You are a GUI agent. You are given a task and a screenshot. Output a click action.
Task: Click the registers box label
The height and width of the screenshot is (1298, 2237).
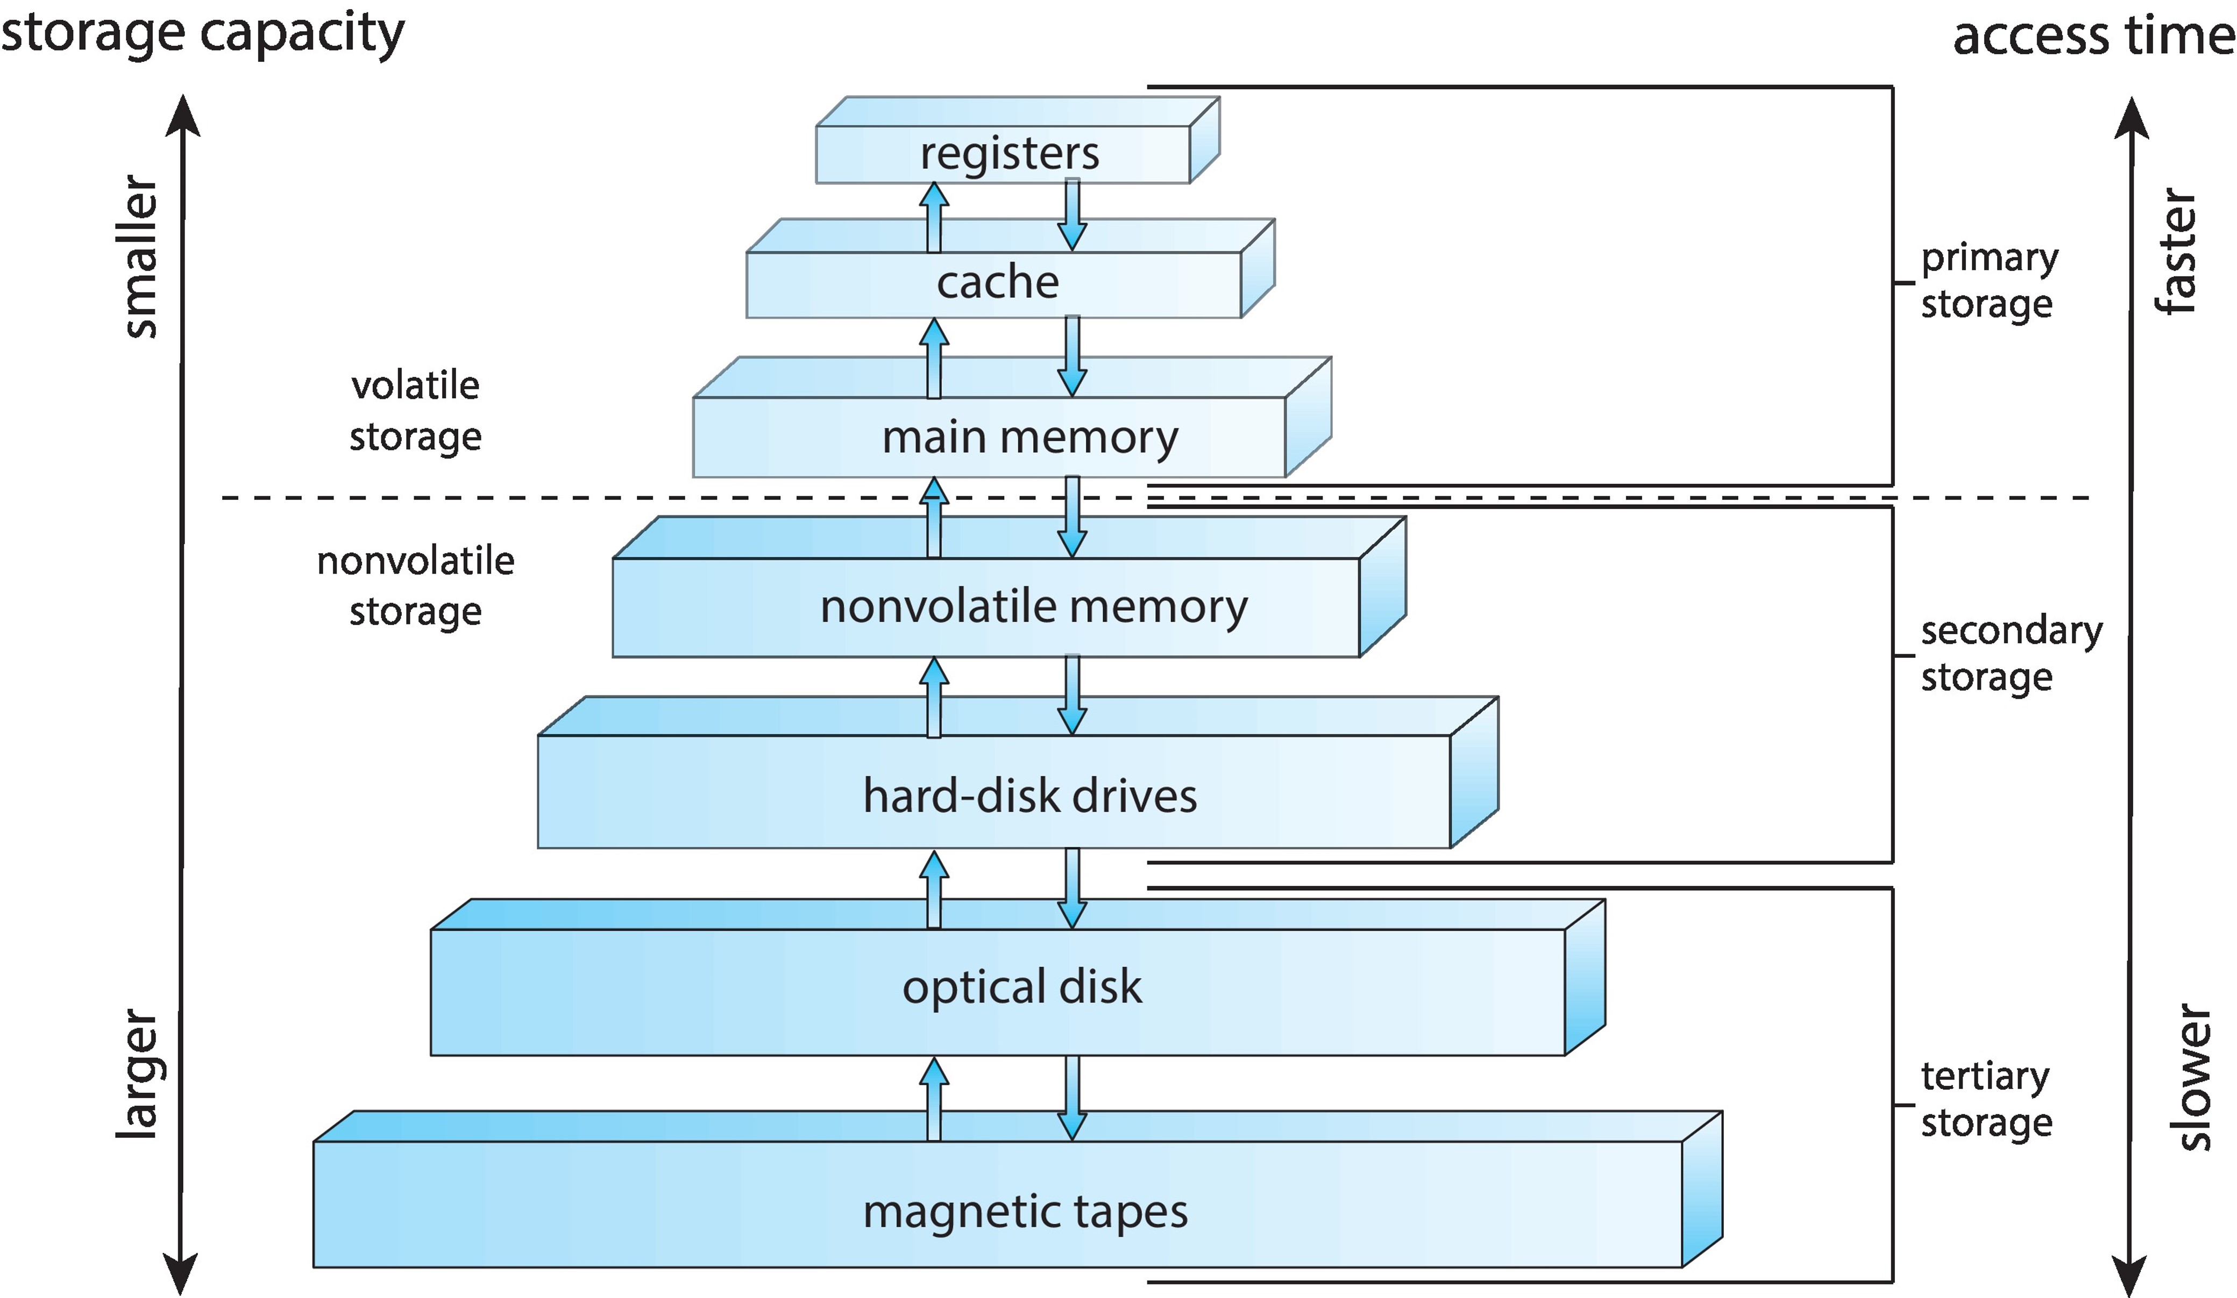pos(1010,154)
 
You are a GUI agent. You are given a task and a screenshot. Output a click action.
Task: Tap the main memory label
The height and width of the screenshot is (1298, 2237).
pos(1029,438)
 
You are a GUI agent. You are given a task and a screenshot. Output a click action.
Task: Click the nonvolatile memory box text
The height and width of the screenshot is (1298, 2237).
pos(1033,607)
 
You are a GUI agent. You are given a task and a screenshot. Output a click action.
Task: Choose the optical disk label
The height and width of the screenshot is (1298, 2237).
pos(1022,987)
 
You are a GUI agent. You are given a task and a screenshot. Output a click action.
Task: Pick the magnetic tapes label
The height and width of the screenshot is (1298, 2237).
pos(1025,1211)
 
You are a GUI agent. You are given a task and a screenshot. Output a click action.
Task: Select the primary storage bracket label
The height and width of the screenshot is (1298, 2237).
pos(1989,281)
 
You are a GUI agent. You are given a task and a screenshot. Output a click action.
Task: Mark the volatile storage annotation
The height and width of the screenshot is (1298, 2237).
pos(415,411)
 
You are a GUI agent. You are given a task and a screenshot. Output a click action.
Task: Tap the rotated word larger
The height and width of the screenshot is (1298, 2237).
pos(138,1073)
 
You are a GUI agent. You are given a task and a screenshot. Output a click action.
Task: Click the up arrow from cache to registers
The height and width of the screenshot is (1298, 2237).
pos(933,217)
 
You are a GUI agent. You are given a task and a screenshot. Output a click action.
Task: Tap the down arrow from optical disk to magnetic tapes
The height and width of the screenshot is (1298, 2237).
pos(1073,1099)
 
